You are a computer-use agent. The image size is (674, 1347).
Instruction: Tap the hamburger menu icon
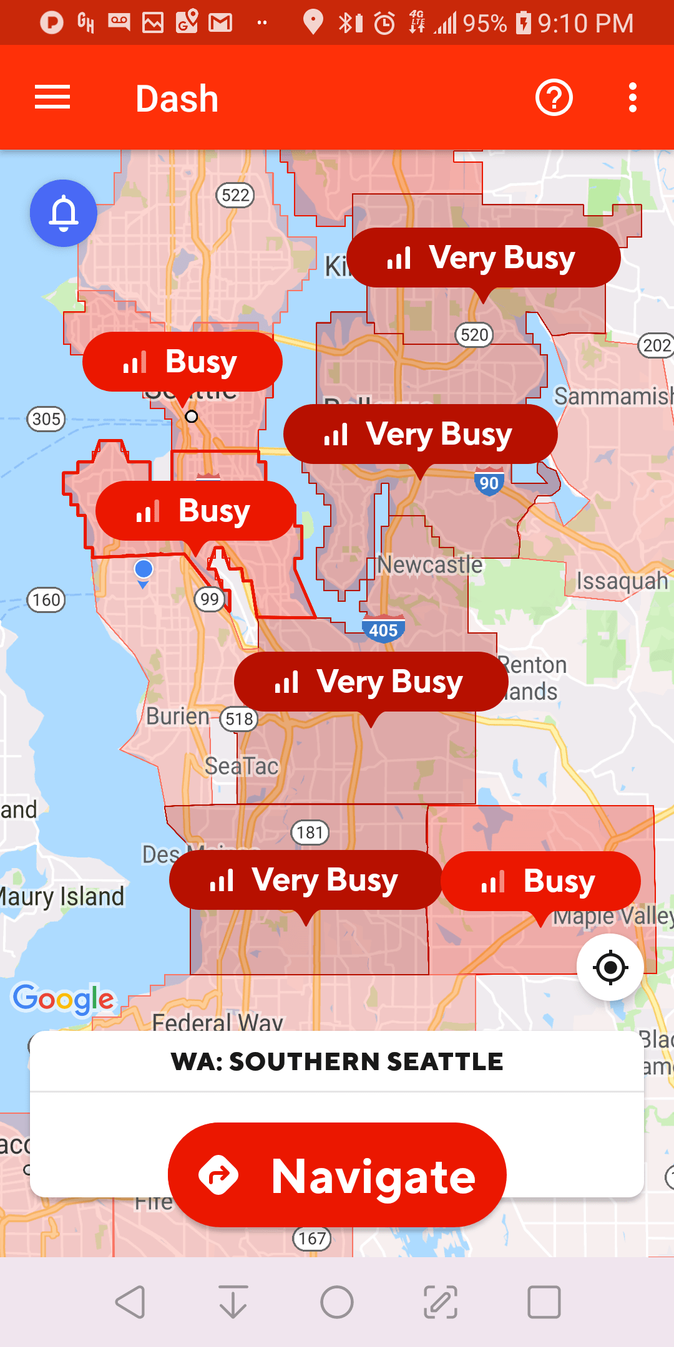tap(52, 98)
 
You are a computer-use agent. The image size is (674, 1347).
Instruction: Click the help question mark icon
tap(554, 98)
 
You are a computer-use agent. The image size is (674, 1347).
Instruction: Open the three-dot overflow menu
tap(633, 98)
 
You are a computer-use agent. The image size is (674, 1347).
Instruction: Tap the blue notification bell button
tap(64, 213)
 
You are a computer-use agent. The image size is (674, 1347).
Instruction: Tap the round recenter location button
tap(610, 967)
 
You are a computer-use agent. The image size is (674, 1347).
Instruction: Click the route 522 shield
tap(235, 195)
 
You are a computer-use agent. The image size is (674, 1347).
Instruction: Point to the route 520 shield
tap(474, 335)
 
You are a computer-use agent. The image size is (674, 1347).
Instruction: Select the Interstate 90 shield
tap(489, 482)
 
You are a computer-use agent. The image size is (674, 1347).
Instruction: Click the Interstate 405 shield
tap(383, 629)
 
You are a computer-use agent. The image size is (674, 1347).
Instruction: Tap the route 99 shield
tap(210, 599)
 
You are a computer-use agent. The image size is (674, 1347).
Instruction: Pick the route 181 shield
tap(310, 832)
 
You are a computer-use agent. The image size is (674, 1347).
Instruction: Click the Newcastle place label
tap(430, 565)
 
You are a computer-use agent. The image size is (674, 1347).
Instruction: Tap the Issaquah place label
tap(622, 581)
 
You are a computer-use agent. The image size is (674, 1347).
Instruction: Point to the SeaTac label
tap(242, 766)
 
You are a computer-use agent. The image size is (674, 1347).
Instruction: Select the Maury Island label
tap(62, 897)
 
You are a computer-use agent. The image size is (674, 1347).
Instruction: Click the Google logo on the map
tap(64, 998)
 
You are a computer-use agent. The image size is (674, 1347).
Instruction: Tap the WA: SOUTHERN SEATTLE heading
tap(337, 1061)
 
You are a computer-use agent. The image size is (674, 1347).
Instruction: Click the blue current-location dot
tap(144, 569)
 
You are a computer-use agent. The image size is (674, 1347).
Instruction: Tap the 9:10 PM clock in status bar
tap(585, 23)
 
